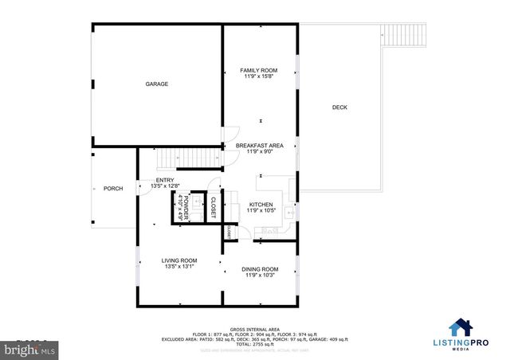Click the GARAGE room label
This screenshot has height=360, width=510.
156,84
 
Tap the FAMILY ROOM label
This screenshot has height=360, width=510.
259,70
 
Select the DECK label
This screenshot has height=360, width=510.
339,108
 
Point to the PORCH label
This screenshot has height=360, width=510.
113,189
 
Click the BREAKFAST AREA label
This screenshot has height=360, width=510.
259,146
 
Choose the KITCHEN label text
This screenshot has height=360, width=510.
261,204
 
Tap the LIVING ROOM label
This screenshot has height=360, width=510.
179,260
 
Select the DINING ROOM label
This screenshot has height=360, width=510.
260,269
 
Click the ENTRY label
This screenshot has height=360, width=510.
165,180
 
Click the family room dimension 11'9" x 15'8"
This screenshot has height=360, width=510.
259,76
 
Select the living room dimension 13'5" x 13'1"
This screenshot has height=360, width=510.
179,267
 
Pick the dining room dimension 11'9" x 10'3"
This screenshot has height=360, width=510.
260,276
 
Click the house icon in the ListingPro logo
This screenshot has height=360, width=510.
460,327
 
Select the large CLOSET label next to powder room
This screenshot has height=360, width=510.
213,207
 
